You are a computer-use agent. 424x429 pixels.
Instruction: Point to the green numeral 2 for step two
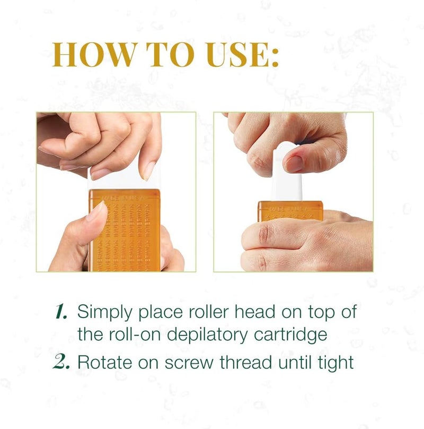pyautogui.click(x=63, y=364)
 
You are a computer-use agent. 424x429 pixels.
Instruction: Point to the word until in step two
pyautogui.click(x=290, y=363)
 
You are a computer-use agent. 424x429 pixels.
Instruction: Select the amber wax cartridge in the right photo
pyautogui.click(x=290, y=210)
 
